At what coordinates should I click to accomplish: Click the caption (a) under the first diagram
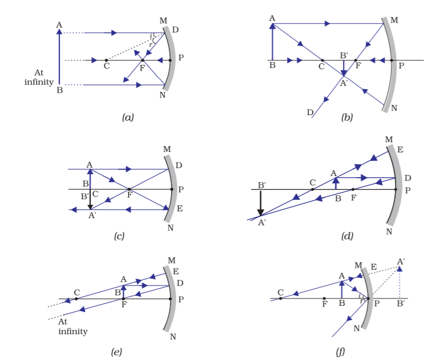pyautogui.click(x=127, y=117)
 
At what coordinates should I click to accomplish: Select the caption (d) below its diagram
pyautogui.click(x=347, y=236)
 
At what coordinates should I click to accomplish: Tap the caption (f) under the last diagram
pyautogui.click(x=340, y=352)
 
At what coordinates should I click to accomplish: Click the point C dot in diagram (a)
pyautogui.click(x=106, y=60)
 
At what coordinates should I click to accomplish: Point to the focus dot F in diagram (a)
pyautogui.click(x=143, y=60)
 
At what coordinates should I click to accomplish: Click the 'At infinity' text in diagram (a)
pyautogui.click(x=39, y=77)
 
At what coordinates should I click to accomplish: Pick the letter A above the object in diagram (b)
pyautogui.click(x=272, y=19)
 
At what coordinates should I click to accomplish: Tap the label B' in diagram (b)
pyautogui.click(x=344, y=55)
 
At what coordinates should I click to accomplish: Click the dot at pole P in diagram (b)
pyautogui.click(x=391, y=60)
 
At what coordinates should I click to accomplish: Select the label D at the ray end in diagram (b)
pyautogui.click(x=310, y=112)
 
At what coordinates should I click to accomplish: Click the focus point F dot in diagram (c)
pyautogui.click(x=129, y=189)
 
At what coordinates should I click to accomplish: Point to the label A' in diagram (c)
pyautogui.click(x=92, y=216)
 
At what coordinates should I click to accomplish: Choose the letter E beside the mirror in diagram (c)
pyautogui.click(x=179, y=208)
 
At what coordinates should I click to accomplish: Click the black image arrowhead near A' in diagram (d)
pyautogui.click(x=261, y=212)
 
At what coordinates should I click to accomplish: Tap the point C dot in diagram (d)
pyautogui.click(x=313, y=190)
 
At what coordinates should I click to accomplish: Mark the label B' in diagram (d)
pyautogui.click(x=262, y=186)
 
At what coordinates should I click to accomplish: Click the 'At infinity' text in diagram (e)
pyautogui.click(x=73, y=327)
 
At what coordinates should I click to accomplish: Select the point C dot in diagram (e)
pyautogui.click(x=76, y=299)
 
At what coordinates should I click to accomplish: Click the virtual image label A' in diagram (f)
pyautogui.click(x=401, y=262)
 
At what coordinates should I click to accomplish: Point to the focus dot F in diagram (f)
pyautogui.click(x=324, y=298)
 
